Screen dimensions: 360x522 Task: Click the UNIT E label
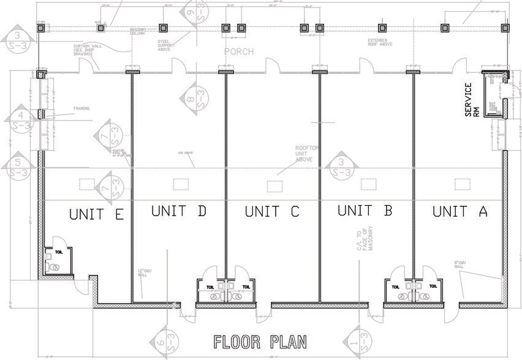(97, 214)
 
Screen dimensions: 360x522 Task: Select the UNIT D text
(178, 211)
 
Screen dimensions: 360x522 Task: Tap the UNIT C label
(272, 212)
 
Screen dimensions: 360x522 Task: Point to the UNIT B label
(365, 211)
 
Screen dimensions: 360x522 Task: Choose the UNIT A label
(460, 212)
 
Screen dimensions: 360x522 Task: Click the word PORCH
(238, 51)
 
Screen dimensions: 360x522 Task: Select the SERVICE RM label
(472, 100)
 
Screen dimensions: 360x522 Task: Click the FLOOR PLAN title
(260, 341)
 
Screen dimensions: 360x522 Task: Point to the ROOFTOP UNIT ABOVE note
(304, 153)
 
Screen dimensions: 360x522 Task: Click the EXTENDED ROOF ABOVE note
(380, 43)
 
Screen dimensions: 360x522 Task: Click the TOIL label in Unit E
(59, 252)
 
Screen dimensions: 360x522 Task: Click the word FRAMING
(81, 108)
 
